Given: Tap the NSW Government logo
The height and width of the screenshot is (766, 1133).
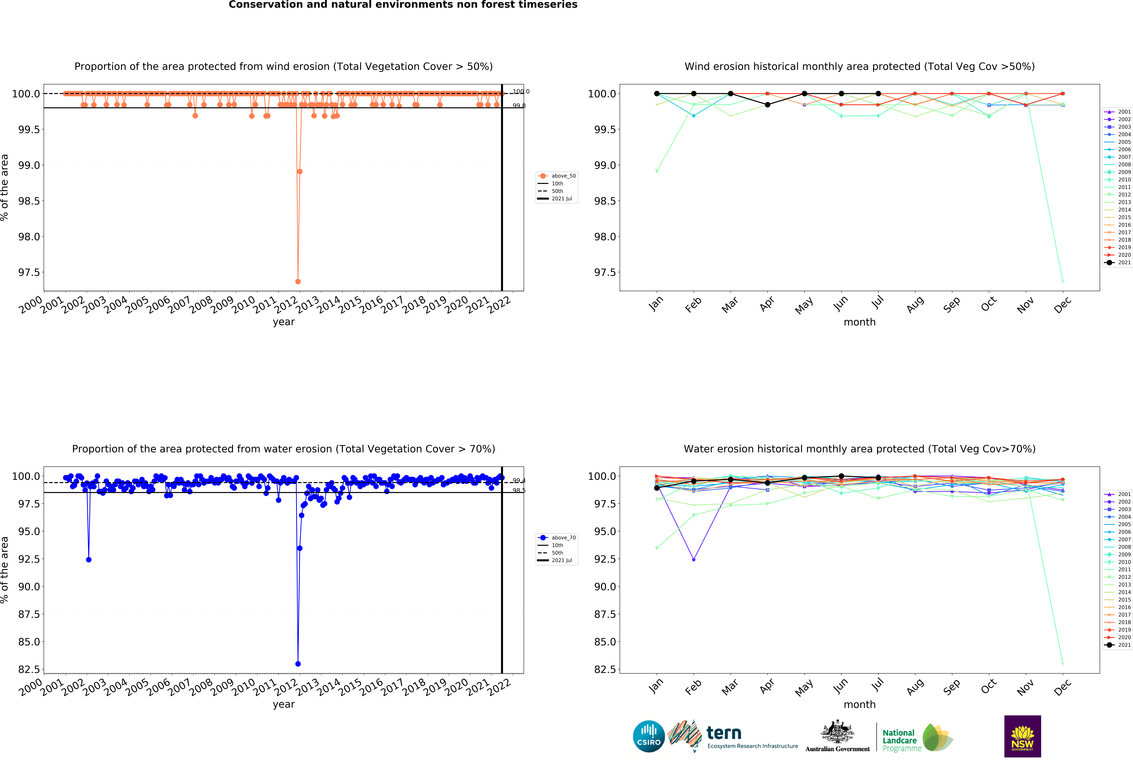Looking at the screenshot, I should [1022, 736].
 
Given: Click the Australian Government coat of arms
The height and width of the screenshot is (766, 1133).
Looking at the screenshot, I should [837, 731].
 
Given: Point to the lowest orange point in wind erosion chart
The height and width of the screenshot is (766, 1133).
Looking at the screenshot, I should [298, 281].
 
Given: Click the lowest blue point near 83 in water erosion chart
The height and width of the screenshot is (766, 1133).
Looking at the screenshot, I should [298, 664].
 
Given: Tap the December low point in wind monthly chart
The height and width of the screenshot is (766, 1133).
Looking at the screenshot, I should [1063, 281].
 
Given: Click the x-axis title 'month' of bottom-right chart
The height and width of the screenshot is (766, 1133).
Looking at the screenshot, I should [859, 705].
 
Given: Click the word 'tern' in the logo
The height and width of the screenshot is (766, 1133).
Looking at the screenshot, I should [724, 733].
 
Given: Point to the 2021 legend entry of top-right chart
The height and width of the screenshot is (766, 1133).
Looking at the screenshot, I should [1118, 262].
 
